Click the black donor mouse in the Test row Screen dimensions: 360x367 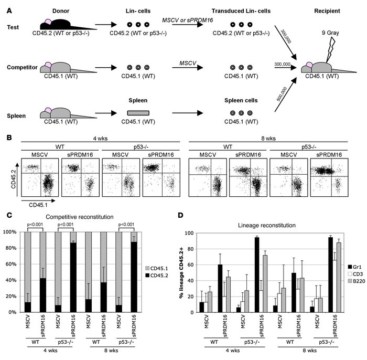click(60, 24)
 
